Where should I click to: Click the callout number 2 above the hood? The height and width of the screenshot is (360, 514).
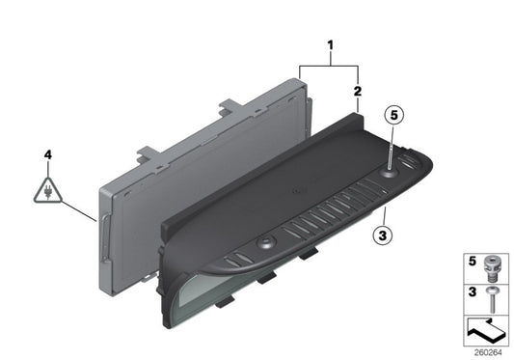tap(358, 91)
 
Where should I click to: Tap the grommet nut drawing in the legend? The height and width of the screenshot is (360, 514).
tap(494, 263)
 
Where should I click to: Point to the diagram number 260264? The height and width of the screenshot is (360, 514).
tap(491, 352)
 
